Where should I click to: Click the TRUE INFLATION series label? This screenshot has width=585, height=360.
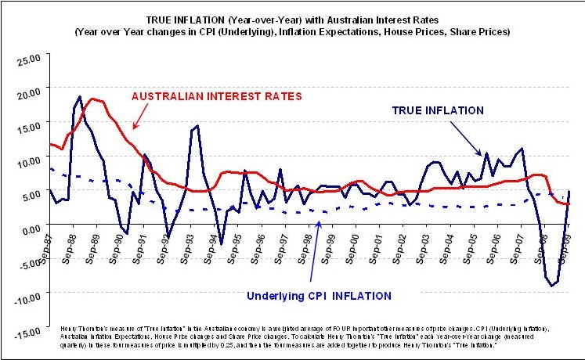437,110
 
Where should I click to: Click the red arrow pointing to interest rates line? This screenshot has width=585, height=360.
143,116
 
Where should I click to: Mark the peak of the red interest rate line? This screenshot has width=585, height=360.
93,99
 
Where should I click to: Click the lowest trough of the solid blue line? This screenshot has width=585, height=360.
552,286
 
